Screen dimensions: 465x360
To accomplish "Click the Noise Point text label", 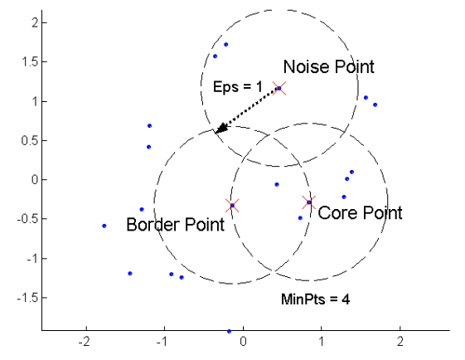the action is [328, 66].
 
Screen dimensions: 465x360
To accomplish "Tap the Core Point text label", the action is [360, 212].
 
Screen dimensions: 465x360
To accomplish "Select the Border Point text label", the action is [175, 224].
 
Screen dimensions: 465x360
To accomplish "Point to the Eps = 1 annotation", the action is [238, 86].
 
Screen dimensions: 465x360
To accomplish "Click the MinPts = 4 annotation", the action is [315, 299].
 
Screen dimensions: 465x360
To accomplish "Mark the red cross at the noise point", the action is [279, 88].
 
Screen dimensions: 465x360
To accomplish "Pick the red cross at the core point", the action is [309, 202].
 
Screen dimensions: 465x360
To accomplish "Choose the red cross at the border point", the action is [232, 206].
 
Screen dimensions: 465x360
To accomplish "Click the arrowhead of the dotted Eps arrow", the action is [220, 129].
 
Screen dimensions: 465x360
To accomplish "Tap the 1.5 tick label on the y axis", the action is [30, 62].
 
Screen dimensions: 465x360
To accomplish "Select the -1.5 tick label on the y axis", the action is [28, 298].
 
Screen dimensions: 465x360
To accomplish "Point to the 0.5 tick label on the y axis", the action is [30, 140].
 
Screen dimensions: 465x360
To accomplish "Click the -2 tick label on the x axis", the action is [84, 342].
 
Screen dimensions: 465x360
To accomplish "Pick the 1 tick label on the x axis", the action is [322, 342].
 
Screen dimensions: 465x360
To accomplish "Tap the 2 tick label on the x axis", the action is [400, 342].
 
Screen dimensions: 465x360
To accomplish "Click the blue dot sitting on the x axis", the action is [229, 331].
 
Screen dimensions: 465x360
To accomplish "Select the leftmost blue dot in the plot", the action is [104, 226].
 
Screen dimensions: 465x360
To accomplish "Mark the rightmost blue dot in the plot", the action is [375, 105].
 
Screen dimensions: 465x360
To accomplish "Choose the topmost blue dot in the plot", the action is [226, 45].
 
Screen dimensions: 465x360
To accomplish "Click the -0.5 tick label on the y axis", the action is [28, 219].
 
